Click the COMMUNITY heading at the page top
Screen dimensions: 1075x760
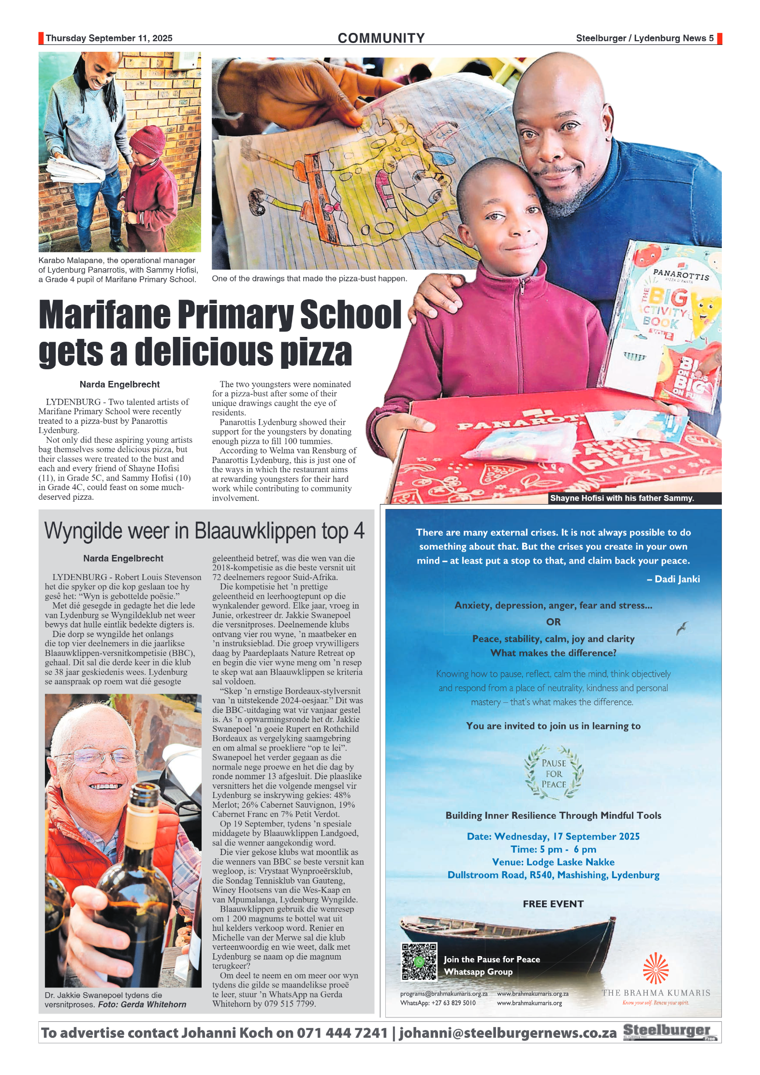tap(381, 38)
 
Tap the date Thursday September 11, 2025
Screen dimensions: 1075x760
tap(109, 38)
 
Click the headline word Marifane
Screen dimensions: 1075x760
tap(104, 315)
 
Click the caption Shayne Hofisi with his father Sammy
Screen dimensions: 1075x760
tap(622, 498)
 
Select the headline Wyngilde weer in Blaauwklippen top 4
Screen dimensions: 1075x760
tap(205, 531)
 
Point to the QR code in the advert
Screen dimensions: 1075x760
tap(419, 961)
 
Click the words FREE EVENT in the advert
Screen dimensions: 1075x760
tap(553, 904)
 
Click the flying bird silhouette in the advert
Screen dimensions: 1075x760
tap(682, 628)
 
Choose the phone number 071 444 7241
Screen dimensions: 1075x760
tap(342, 1033)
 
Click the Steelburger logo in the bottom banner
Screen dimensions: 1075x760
tap(670, 1031)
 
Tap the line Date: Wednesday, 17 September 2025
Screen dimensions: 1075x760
tap(553, 836)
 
